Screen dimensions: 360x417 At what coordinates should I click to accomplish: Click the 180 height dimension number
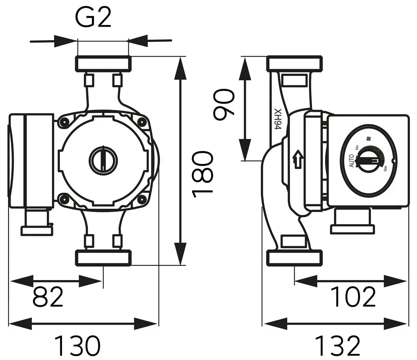coord(202,172)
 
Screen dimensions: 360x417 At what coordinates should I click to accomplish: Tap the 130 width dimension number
coord(77,346)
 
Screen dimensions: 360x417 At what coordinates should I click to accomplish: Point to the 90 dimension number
coord(224,104)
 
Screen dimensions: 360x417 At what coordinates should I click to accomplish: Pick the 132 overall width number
coord(337,346)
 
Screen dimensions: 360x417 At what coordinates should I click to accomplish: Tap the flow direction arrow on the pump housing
coord(297,159)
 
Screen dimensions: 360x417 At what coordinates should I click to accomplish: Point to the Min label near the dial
coord(357,147)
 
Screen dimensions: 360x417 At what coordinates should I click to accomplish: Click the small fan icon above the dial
coord(368,139)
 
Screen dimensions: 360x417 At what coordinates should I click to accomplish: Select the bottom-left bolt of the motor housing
coord(63,199)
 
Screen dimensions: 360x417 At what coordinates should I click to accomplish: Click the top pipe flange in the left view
coord(103,64)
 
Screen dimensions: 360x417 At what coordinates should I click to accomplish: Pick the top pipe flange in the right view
coord(295,63)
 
